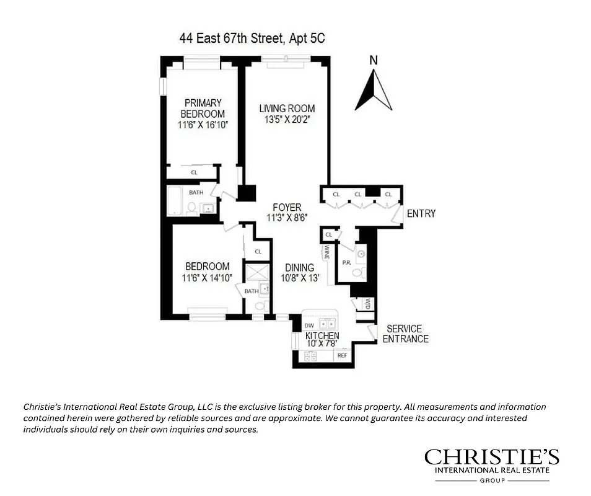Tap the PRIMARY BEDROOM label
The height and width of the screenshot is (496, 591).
click(203, 108)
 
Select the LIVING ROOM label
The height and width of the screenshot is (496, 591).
click(287, 108)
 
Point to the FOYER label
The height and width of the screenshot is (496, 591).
click(287, 208)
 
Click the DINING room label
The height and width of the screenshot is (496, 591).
click(299, 268)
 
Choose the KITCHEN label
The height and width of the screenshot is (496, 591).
click(322, 335)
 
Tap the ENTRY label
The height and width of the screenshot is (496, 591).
click(421, 214)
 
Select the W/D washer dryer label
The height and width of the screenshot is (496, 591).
click(367, 304)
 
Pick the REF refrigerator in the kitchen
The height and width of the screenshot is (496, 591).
click(341, 356)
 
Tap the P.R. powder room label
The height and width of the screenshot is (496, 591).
click(348, 263)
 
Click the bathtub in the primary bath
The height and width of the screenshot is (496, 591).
click(176, 200)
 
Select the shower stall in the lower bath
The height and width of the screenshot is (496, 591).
click(257, 273)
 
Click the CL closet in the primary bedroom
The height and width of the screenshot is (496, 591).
click(194, 173)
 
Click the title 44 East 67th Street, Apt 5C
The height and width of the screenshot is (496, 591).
click(252, 38)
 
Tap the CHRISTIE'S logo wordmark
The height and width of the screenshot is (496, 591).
click(491, 458)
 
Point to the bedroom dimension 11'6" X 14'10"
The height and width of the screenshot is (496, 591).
click(206, 278)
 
